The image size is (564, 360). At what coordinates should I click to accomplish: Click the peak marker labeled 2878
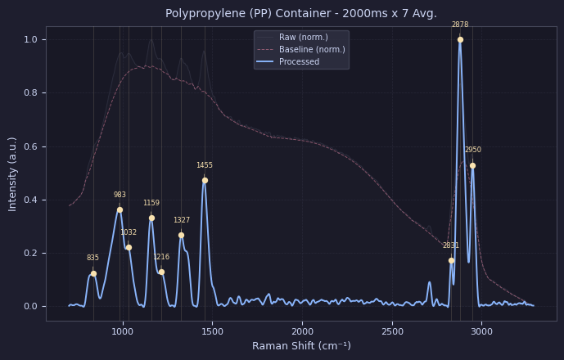[x=460, y=39]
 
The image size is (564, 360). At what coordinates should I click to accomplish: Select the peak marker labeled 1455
[x=205, y=181]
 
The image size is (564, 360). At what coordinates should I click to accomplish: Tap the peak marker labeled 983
[x=120, y=210]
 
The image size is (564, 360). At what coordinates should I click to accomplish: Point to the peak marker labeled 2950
[x=472, y=166]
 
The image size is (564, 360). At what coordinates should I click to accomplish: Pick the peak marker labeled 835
[x=93, y=274]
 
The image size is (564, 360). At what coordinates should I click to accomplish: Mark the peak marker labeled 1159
[x=151, y=218]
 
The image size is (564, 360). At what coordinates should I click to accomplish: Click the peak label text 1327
[x=181, y=220]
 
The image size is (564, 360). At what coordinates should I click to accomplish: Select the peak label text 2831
[x=451, y=245]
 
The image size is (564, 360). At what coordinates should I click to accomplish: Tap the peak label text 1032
[x=129, y=232]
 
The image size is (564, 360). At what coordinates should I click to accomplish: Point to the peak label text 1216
[x=161, y=257]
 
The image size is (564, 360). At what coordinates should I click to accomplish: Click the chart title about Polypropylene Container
[x=301, y=14]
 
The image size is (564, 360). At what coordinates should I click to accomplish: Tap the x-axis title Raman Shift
[x=301, y=346]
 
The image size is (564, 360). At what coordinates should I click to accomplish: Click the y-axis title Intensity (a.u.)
[x=13, y=173]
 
